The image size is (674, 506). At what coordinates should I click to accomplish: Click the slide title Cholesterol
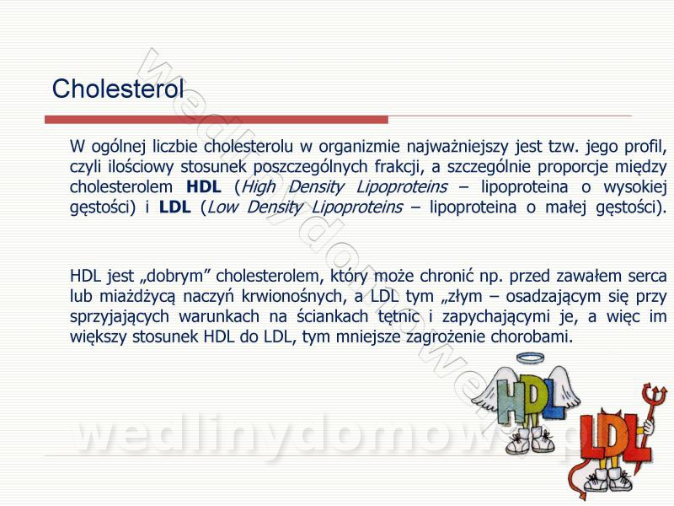(x=118, y=89)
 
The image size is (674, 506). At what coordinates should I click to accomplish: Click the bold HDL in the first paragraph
(x=204, y=186)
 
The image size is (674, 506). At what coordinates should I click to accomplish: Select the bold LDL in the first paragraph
(x=175, y=207)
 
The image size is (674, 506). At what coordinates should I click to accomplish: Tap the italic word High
(x=259, y=187)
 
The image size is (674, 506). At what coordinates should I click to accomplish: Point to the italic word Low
(x=222, y=207)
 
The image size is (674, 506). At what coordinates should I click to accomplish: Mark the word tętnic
(x=398, y=317)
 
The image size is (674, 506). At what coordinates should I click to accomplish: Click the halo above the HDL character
(x=530, y=358)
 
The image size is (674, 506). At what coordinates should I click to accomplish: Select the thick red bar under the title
(x=217, y=120)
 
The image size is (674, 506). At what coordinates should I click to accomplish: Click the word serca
(x=647, y=277)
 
